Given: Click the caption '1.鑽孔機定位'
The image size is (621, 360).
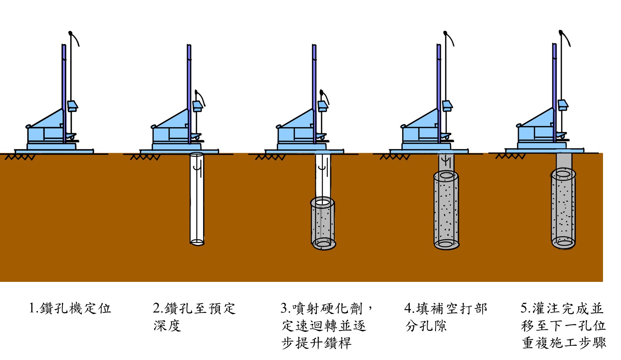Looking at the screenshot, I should click(70, 308).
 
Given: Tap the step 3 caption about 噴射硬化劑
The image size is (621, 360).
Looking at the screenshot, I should click(326, 326).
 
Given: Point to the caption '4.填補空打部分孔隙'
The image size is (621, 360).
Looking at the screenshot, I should click(446, 317).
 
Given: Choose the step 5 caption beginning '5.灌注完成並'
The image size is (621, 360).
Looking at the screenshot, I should click(563, 326).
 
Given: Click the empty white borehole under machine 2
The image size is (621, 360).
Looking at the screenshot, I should click(197, 199).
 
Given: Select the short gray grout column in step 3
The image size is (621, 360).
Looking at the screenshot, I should click(323, 222).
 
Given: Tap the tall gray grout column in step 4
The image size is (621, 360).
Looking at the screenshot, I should click(446, 211).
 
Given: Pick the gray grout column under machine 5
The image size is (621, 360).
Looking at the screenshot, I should click(563, 209).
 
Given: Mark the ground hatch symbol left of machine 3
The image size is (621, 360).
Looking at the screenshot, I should click(270, 157).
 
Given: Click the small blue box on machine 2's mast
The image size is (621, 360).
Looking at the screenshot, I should click(197, 106).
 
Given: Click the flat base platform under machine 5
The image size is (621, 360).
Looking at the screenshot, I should click(544, 151).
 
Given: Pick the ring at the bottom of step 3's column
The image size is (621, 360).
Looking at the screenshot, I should click(324, 244).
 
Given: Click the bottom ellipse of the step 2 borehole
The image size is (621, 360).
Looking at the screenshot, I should click(197, 242).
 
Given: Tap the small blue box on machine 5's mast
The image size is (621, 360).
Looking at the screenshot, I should click(563, 104).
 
